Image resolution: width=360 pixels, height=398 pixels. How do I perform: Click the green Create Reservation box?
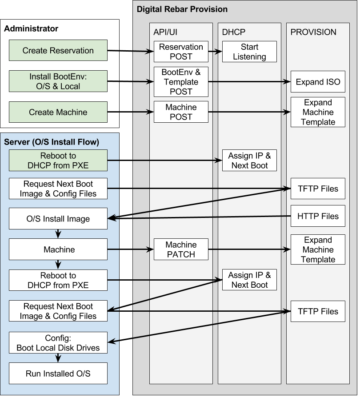point(58,50)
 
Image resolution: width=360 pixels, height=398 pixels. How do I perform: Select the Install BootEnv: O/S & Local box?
point(58,81)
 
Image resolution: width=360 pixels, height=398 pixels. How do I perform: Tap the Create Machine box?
point(58,112)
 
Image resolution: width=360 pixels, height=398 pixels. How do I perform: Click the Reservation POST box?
point(181,52)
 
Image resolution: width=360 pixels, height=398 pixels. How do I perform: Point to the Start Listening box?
point(249,52)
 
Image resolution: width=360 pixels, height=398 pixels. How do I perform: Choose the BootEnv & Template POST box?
point(181,82)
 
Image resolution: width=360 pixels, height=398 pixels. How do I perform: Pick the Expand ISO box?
point(318,82)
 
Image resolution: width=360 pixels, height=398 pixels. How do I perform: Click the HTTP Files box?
point(318,216)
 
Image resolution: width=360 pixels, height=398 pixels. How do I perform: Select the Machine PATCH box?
point(181,249)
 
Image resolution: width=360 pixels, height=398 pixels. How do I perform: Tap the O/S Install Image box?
point(58,219)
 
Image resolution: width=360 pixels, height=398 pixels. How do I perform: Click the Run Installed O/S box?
point(58,374)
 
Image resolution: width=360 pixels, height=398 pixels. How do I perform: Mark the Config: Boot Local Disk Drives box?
point(58,343)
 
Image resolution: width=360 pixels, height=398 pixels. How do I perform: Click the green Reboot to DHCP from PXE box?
point(58,161)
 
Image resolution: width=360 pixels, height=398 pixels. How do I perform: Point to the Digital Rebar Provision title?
point(182,9)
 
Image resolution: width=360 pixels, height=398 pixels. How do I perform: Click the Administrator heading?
point(31,29)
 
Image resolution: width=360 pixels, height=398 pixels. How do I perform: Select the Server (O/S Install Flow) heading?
point(52,142)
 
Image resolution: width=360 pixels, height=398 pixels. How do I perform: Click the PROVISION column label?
point(313,32)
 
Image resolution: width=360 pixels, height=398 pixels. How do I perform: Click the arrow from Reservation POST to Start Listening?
point(215,52)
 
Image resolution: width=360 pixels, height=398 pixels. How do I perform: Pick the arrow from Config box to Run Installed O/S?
point(58,358)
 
